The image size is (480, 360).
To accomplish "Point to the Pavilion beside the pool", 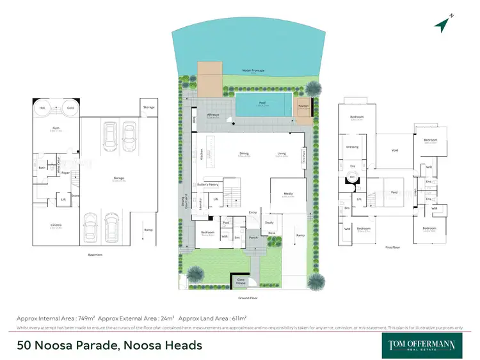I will click(x=303, y=108).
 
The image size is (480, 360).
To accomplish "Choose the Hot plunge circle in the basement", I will click(x=42, y=107).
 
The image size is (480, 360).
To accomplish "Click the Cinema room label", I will click(x=55, y=224).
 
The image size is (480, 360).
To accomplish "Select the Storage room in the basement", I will click(x=148, y=107).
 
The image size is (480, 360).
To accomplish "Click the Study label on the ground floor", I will click(x=269, y=222).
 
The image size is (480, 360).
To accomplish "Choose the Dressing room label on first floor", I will click(x=353, y=146).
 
